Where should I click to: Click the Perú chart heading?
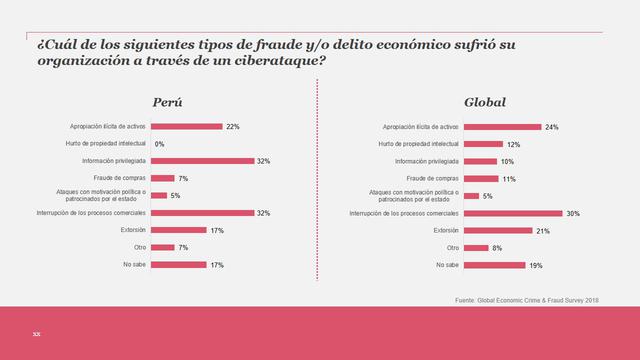tap(167, 103)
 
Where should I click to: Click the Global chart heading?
tap(485, 103)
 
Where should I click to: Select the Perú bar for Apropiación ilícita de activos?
tap(186, 127)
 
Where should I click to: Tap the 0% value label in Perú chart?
tap(159, 144)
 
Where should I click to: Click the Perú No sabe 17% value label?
tap(217, 265)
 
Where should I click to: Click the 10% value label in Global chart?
tap(508, 161)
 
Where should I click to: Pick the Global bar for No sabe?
tap(495, 265)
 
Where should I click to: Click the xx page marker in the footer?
tap(36, 333)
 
